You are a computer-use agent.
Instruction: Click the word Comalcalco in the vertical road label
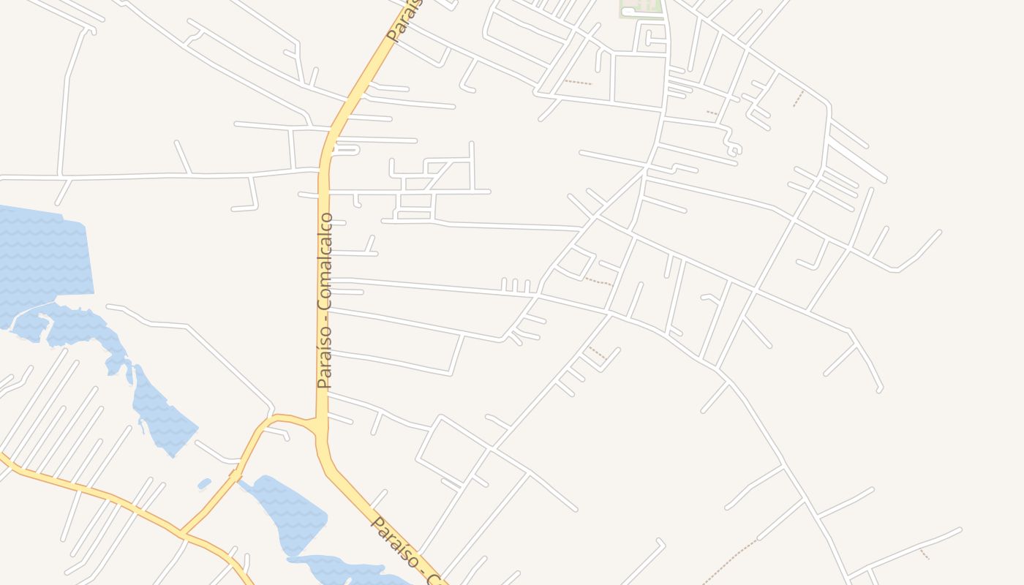point(325,261)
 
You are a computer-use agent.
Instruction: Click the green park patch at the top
point(641,7)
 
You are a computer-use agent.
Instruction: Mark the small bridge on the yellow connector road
point(236,475)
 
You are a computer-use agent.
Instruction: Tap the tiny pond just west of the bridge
point(204,483)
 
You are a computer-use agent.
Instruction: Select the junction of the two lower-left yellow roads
point(183,534)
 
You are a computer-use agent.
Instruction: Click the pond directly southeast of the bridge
point(289,512)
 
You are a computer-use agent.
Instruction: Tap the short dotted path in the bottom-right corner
point(925,554)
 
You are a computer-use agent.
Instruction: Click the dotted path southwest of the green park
point(578,82)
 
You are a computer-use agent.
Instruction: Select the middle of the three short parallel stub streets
point(515,285)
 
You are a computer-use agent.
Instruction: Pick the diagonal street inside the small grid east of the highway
point(438,176)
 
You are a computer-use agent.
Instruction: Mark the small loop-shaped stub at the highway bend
point(347,149)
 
